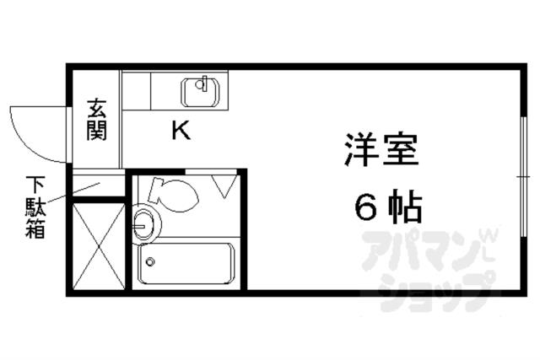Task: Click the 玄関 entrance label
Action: click(96, 120)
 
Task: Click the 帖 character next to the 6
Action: click(405, 207)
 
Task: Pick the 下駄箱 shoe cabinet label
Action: click(35, 207)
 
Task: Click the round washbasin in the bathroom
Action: click(144, 223)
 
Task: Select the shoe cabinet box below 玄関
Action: click(97, 185)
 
